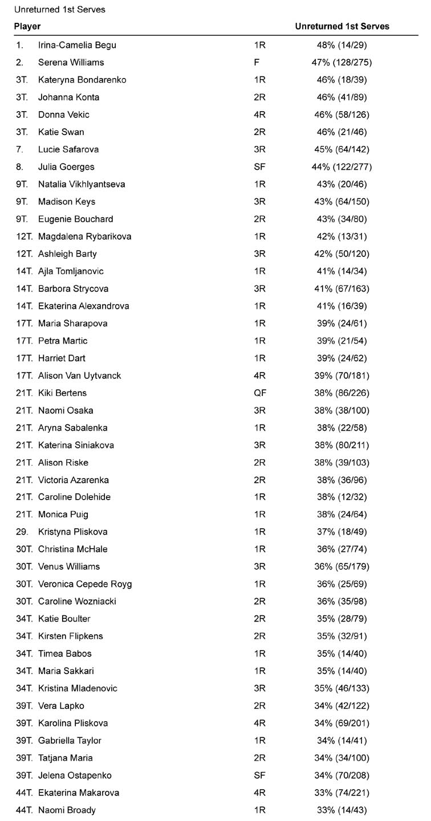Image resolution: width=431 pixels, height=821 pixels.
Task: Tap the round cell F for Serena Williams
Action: pyautogui.click(x=257, y=63)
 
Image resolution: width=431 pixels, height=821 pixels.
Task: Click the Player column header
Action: pyautogui.click(x=27, y=27)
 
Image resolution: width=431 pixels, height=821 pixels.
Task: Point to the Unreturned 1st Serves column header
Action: pyautogui.click(x=342, y=27)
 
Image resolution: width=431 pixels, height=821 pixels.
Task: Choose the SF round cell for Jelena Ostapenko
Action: pyautogui.click(x=259, y=775)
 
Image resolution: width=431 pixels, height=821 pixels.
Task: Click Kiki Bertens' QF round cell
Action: pyautogui.click(x=259, y=393)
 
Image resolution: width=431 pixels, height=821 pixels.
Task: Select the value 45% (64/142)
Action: pyautogui.click(x=342, y=150)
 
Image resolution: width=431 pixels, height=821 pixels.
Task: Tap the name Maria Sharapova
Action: pyautogui.click(x=72, y=324)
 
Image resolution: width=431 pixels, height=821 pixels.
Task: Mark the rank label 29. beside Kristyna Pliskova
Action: pyautogui.click(x=22, y=532)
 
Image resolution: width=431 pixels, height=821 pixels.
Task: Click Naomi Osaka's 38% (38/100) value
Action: pyautogui.click(x=342, y=411)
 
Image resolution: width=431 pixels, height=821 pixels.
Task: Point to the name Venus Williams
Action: pyautogui.click(x=69, y=567)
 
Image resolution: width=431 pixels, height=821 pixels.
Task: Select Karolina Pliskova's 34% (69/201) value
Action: pyautogui.click(x=342, y=724)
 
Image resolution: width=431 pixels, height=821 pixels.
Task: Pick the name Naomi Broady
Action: pyautogui.click(x=67, y=810)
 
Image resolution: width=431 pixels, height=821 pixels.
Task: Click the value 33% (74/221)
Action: pyautogui.click(x=342, y=793)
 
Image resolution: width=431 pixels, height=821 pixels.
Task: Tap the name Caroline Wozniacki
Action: pyautogui.click(x=77, y=602)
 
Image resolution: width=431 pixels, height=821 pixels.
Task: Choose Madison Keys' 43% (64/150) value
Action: pyautogui.click(x=342, y=202)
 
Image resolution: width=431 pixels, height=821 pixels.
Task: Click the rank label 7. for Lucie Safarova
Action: pyautogui.click(x=21, y=150)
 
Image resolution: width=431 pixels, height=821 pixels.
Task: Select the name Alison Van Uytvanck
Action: pyautogui.click(x=79, y=376)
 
